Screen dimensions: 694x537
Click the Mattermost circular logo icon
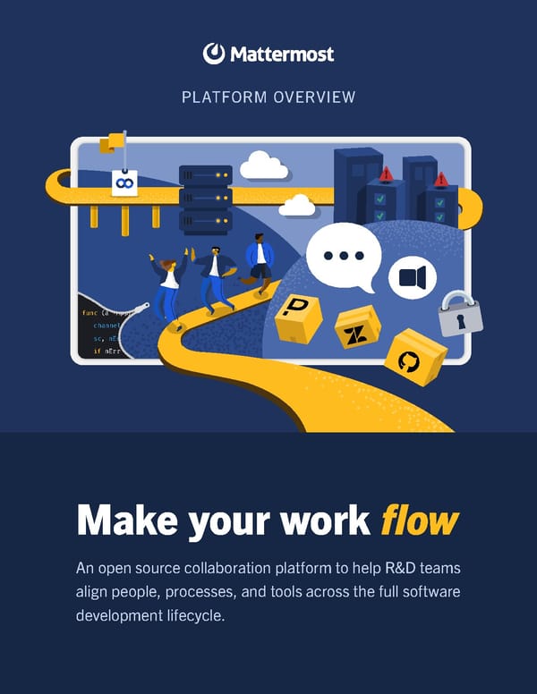coord(213,54)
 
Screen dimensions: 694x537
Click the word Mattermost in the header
coord(281,54)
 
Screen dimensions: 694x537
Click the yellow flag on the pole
coord(114,142)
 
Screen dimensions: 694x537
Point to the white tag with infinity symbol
coord(124,182)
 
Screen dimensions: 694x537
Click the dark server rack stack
coord(205,198)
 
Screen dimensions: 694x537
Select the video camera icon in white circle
coord(412,277)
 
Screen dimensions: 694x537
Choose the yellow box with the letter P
coord(298,317)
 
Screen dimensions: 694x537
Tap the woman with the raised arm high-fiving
coord(166,286)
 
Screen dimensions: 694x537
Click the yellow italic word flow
coord(420,520)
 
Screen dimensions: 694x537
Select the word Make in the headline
coord(128,520)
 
